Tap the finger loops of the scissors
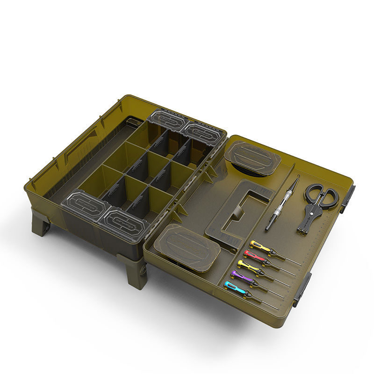point(322,194)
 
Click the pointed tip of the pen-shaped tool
point(297,177)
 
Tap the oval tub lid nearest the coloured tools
point(186,246)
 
